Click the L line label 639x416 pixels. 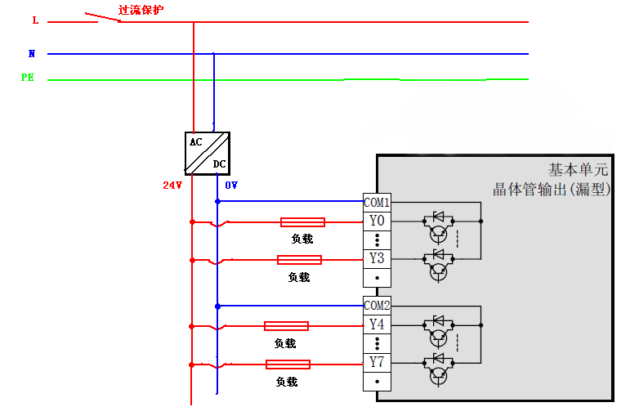35,20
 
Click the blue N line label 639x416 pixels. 32,54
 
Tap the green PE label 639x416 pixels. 28,78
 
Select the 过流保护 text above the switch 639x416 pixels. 141,10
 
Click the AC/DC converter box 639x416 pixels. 208,153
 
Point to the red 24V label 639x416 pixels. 172,186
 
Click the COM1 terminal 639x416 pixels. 377,202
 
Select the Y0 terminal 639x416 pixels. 377,221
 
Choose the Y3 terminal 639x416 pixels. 377,259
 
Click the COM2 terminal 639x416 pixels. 377,306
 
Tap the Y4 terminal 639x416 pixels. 377,324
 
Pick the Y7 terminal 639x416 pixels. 377,362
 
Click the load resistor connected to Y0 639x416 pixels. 302,221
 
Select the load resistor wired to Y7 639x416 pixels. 288,365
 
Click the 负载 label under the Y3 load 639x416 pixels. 299,277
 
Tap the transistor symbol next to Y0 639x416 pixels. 439,235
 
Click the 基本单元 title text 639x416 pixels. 578,170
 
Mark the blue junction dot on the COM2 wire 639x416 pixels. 217,306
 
